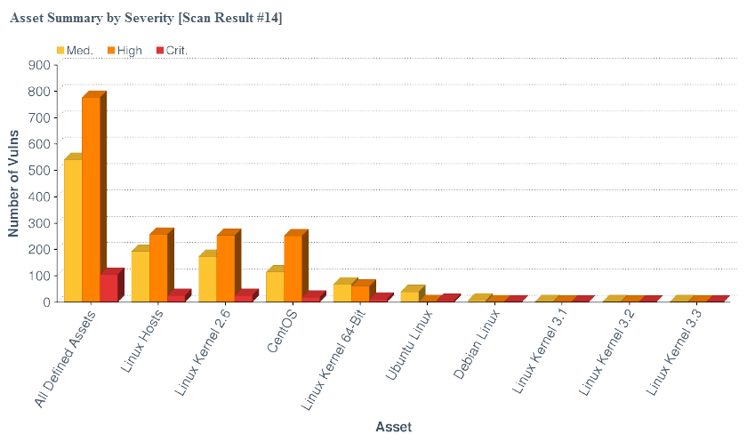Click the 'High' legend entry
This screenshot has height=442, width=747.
pyautogui.click(x=124, y=51)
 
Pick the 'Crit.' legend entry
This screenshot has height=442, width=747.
pyautogui.click(x=171, y=51)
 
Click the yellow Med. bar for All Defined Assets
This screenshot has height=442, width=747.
pyautogui.click(x=72, y=230)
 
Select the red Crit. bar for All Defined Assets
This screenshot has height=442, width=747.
pyautogui.click(x=108, y=287)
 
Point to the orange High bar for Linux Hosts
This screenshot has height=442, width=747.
pyautogui.click(x=157, y=267)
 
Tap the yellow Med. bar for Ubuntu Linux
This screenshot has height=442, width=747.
pyautogui.click(x=409, y=296)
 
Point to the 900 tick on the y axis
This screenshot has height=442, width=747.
pyautogui.click(x=39, y=65)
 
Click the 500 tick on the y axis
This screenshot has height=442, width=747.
pyautogui.click(x=39, y=170)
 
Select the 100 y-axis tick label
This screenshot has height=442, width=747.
pyautogui.click(x=39, y=276)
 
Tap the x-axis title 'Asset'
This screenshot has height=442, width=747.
pyautogui.click(x=393, y=427)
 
